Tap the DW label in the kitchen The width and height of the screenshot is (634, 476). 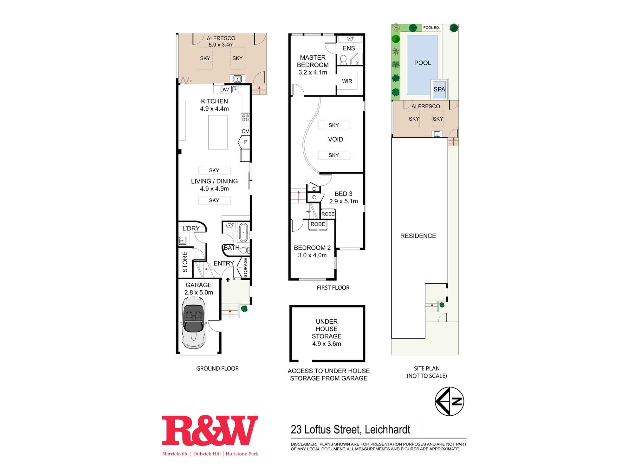pos(224,90)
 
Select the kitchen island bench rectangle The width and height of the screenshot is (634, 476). pos(218,132)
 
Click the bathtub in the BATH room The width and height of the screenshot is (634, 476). pos(243,232)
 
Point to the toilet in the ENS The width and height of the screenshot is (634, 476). pos(343,59)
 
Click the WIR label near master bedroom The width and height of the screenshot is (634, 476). pos(347,81)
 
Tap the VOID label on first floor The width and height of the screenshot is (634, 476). pos(335,139)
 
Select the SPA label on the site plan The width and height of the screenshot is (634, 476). pos(439,89)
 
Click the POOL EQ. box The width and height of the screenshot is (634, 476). pos(431,28)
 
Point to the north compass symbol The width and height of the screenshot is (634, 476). pos(449,401)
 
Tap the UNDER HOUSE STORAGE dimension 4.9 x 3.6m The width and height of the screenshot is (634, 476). pos(327,344)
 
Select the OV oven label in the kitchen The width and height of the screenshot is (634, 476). pos(245,131)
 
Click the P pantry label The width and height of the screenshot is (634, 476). pos(246,142)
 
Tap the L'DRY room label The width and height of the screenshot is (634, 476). pos(191,228)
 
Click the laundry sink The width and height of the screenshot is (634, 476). pos(182,241)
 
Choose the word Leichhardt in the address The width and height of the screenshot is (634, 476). pos(387,430)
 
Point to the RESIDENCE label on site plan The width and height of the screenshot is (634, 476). pos(418,236)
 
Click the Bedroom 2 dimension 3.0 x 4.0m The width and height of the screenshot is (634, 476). pos(312,255)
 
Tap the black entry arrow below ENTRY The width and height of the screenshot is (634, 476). pos(228,280)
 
